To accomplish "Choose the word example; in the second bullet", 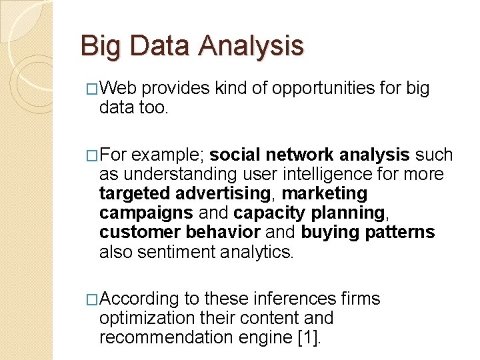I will click(x=168, y=155).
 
